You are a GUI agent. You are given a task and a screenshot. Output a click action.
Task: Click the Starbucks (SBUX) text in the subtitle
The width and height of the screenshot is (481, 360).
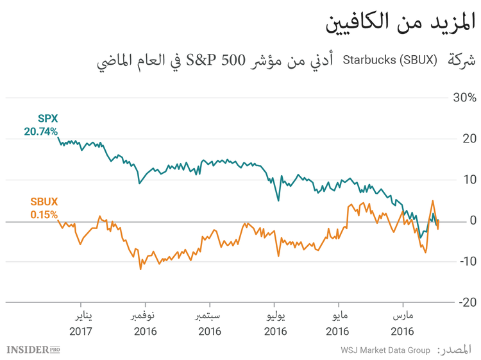tap(390, 61)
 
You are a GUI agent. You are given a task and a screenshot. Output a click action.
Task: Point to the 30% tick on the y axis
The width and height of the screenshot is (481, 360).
tap(463, 98)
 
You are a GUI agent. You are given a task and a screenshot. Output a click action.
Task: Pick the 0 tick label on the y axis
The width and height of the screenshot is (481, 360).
tap(472, 221)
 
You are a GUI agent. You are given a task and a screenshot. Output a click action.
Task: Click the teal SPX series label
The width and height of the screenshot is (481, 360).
tap(47, 119)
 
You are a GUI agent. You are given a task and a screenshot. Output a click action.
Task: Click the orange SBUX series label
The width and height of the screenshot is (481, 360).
tap(44, 201)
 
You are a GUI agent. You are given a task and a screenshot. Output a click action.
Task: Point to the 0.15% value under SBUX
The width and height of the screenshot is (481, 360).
tap(44, 214)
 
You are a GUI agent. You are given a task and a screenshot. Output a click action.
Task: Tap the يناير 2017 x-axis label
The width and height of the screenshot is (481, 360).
tap(81, 324)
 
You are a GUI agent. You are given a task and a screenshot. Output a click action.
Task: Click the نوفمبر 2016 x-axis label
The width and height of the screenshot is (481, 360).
tap(144, 324)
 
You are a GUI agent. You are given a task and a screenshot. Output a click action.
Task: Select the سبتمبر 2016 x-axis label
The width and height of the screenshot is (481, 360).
tap(209, 324)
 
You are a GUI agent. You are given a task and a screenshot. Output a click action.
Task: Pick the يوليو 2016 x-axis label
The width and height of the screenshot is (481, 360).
tap(274, 324)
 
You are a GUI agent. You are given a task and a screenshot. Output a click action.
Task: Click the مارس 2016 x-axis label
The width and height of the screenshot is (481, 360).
tap(402, 324)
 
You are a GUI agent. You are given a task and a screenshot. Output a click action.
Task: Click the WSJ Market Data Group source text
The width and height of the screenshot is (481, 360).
tap(385, 350)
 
